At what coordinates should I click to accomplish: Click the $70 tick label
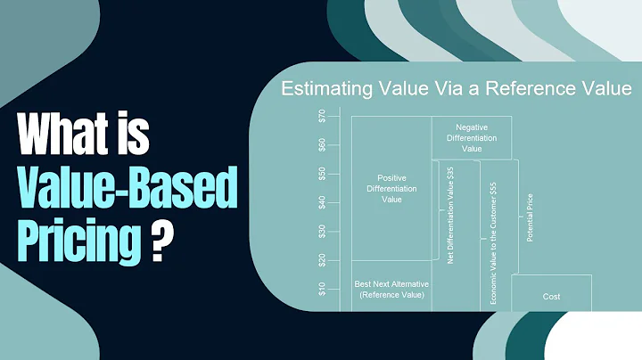[321, 114]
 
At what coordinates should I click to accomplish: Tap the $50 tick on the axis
[321, 173]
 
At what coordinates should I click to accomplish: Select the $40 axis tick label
[321, 202]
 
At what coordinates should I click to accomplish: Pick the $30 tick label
[321, 232]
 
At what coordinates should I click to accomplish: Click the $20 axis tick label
[321, 260]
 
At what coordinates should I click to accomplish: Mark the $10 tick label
[321, 289]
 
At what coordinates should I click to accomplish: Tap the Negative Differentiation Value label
[472, 138]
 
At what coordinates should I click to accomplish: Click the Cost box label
[551, 296]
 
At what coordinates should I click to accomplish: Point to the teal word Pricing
[77, 239]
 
